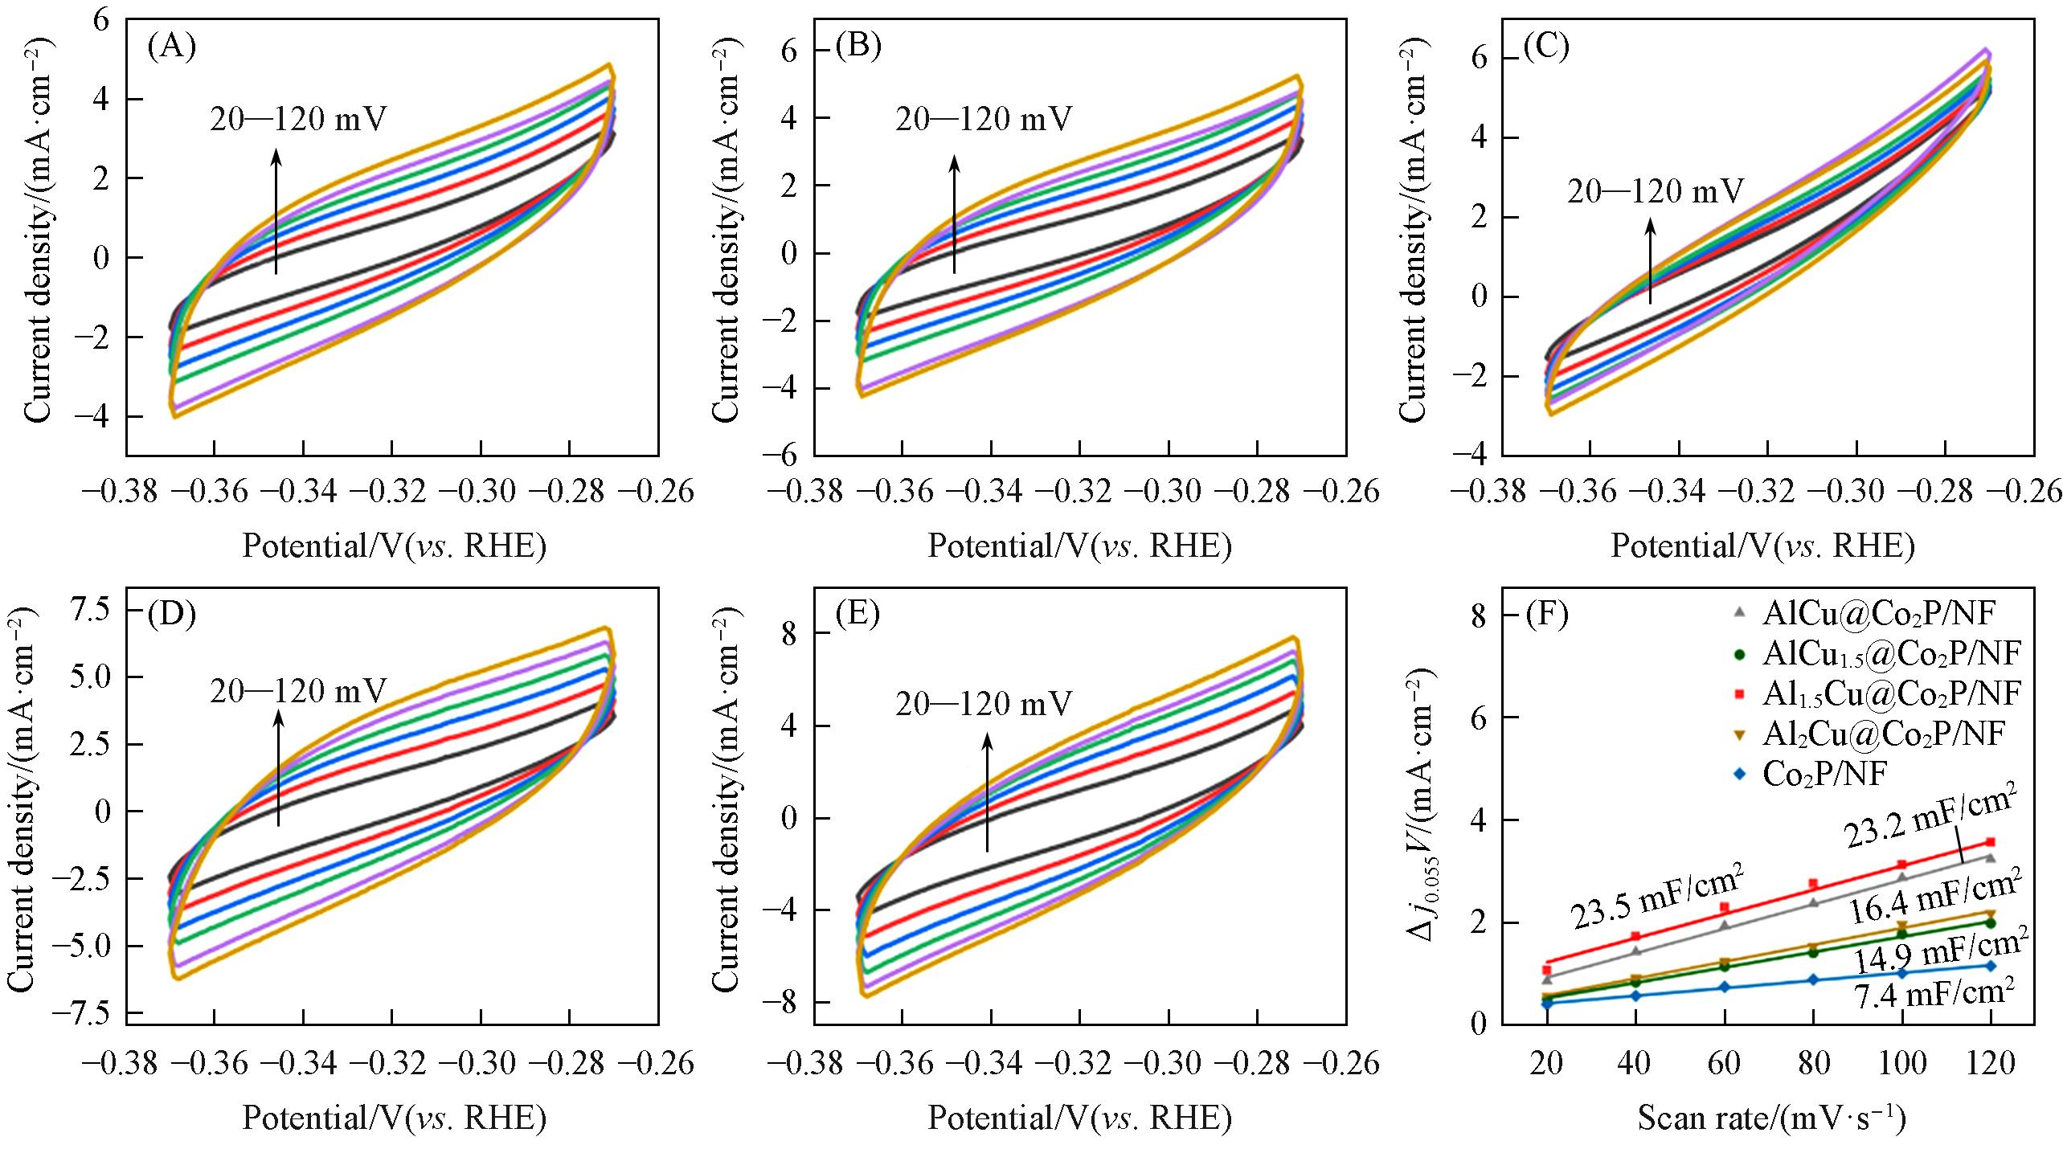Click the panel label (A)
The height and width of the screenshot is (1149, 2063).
tap(171, 47)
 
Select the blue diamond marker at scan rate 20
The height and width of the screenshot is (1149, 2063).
tap(1546, 1004)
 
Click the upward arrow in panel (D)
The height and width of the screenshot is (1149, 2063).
tap(278, 767)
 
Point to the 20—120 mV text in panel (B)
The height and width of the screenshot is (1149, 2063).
tap(983, 120)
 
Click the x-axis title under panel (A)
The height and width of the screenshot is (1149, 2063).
tap(395, 547)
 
